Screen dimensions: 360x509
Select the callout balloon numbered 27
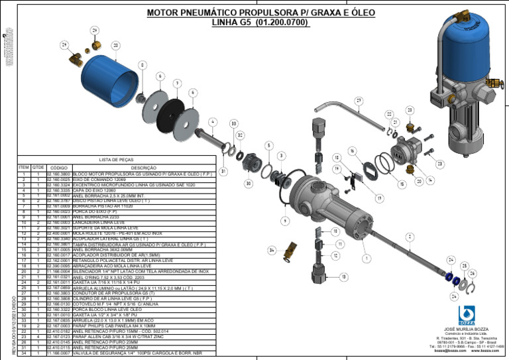359,101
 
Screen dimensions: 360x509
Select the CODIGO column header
59,168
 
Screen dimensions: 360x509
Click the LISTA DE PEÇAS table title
117,160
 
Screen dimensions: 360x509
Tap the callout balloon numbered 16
352,152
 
